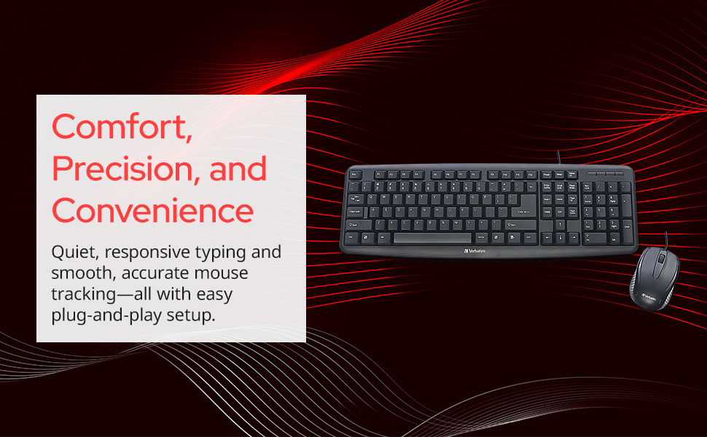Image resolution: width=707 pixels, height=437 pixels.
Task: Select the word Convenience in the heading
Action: coord(152,210)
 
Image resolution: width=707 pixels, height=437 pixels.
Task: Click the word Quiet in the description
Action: coord(71,253)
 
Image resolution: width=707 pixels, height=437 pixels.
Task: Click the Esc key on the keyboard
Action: coord(355,175)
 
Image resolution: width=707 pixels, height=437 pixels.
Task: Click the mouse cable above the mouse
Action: coord(666,239)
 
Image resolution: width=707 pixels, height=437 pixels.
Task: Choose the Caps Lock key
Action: coord(356,211)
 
